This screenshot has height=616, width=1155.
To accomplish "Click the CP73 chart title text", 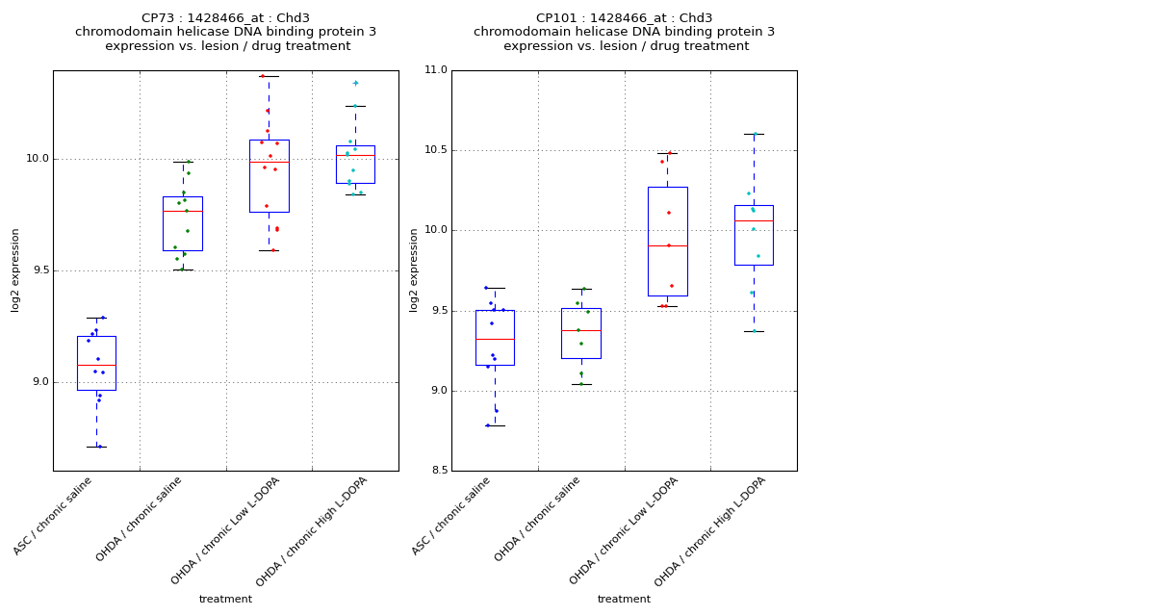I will coord(225,32).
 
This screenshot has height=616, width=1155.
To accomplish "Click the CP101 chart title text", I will coord(624,32).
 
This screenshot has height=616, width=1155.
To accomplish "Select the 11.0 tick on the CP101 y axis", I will coord(435,70).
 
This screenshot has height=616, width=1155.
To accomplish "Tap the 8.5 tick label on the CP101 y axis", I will coord(437,471).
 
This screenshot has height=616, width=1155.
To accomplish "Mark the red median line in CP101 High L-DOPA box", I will coord(754,220).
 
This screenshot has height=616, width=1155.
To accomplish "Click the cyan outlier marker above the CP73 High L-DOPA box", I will coord(355,83).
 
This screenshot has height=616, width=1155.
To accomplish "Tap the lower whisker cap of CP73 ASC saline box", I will coord(96,447).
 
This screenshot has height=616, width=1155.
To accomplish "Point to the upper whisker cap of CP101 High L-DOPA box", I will coord(754,134).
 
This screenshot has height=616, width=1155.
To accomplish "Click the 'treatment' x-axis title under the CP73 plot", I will coord(225,599).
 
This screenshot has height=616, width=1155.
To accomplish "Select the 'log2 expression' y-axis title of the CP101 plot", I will coord(414,270).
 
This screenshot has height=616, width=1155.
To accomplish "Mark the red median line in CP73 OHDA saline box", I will coord(183,211).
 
